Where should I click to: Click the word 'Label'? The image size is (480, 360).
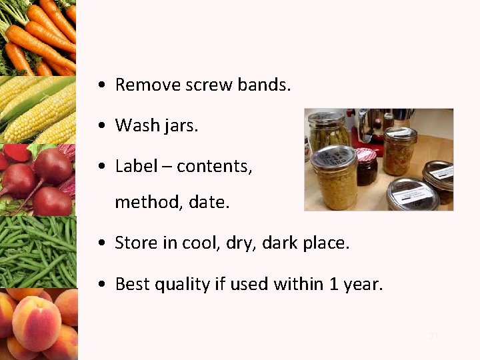click(x=137, y=165)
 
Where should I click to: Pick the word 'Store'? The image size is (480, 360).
click(x=136, y=243)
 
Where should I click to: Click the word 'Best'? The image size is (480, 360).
click(x=133, y=284)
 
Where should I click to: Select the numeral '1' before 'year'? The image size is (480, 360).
click(x=333, y=284)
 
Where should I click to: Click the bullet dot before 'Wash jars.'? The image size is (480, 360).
click(x=99, y=125)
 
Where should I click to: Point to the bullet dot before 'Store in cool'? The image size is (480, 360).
click(x=99, y=244)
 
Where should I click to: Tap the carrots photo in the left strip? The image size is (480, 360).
click(x=38, y=37)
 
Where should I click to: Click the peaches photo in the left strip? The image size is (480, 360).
click(x=38, y=323)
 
